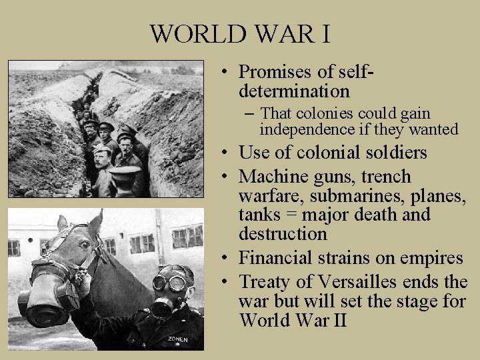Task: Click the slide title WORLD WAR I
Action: [x=239, y=33]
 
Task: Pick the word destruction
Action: [x=283, y=234]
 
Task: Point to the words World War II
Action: [x=293, y=320]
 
